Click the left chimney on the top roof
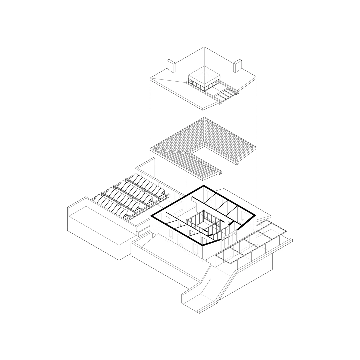tap(171, 66)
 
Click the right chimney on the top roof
tap(237, 66)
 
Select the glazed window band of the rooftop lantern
tap(204, 85)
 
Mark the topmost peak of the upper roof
tap(204, 47)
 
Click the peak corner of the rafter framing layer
tap(204, 117)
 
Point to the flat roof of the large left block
tap(100, 217)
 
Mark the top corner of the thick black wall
tap(204, 186)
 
